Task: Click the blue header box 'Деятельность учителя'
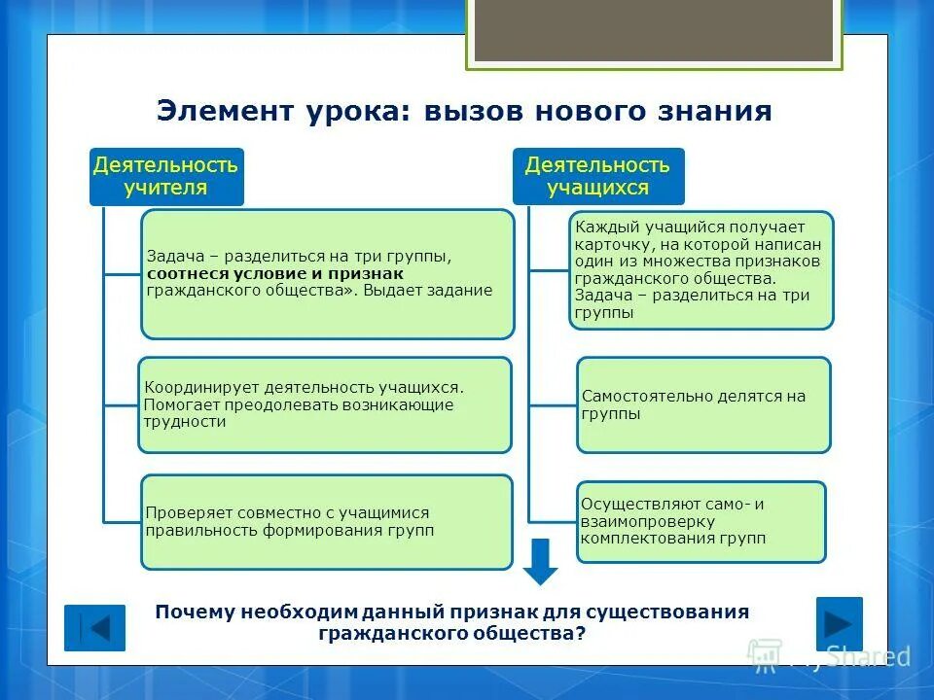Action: tap(165, 176)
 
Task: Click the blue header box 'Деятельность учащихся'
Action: tap(597, 176)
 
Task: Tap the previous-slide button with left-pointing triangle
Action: tap(94, 627)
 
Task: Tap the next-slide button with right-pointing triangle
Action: tap(839, 622)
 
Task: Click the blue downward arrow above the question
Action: tap(541, 561)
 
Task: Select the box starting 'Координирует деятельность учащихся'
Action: tap(324, 404)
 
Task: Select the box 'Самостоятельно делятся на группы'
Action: tap(703, 404)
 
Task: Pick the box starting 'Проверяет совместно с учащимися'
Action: tap(326, 521)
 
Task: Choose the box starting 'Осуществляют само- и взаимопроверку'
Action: tap(700, 521)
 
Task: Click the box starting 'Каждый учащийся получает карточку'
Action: tap(700, 269)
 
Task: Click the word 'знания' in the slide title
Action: tap(723, 111)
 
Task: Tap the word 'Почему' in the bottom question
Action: tap(196, 612)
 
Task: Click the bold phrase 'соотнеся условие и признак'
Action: tap(262, 274)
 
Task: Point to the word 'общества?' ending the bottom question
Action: tap(536, 632)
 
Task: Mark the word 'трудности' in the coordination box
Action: tap(185, 422)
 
